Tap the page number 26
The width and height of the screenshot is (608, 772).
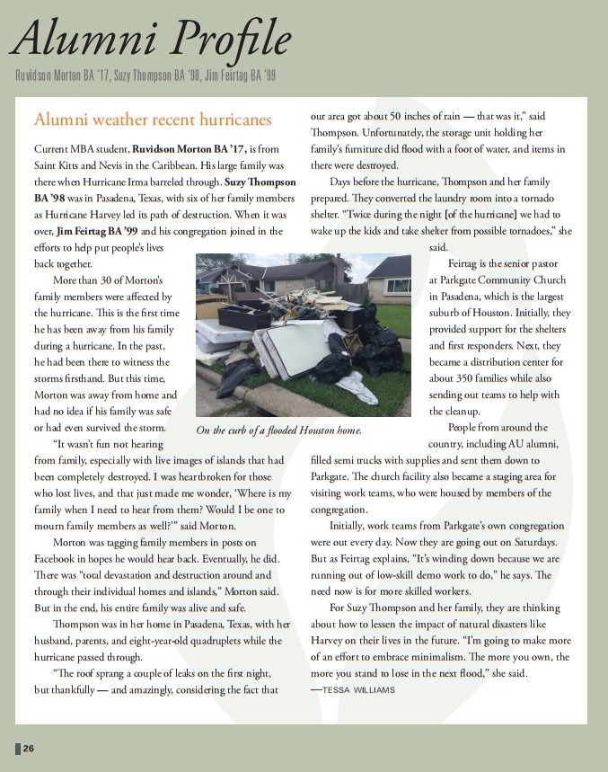pyautogui.click(x=29, y=749)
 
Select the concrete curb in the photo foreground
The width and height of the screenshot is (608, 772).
pyautogui.click(x=269, y=395)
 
